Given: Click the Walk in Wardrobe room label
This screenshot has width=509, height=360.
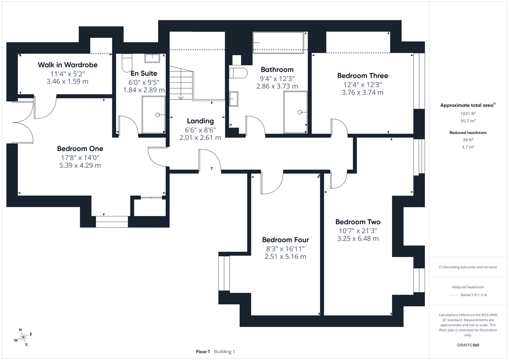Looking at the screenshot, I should click(x=68, y=65).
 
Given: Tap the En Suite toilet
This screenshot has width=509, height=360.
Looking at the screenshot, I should click(x=127, y=63).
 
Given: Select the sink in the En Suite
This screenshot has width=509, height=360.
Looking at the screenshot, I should click(x=152, y=58).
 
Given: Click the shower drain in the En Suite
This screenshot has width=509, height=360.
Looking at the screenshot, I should click(x=158, y=115).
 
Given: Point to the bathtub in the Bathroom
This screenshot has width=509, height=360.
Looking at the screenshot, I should click(x=278, y=43).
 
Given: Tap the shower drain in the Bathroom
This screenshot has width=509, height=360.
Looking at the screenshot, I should click(x=300, y=112).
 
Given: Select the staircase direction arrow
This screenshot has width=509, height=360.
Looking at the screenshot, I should click(x=181, y=97).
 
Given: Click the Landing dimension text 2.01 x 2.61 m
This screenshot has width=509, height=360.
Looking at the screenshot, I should click(x=200, y=137).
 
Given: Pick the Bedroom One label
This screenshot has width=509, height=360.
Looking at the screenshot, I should click(x=80, y=149).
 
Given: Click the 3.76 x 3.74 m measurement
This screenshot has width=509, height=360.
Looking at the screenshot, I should click(x=362, y=92).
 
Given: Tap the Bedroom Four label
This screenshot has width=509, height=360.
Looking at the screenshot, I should click(x=285, y=240).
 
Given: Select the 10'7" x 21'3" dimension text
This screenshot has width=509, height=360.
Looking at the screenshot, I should click(x=358, y=231).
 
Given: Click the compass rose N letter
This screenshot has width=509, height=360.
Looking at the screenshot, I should click(x=20, y=330).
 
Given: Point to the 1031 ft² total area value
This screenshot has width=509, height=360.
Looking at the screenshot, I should click(x=468, y=114).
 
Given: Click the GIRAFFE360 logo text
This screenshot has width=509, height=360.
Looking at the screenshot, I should click(x=468, y=345).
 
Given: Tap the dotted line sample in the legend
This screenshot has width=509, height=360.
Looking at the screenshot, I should click(x=453, y=295).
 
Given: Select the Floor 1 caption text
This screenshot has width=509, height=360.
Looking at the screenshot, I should click(x=203, y=352).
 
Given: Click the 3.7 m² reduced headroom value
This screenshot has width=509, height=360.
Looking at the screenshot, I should click(x=468, y=147).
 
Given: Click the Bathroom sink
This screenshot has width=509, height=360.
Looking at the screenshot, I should click(x=234, y=99).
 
